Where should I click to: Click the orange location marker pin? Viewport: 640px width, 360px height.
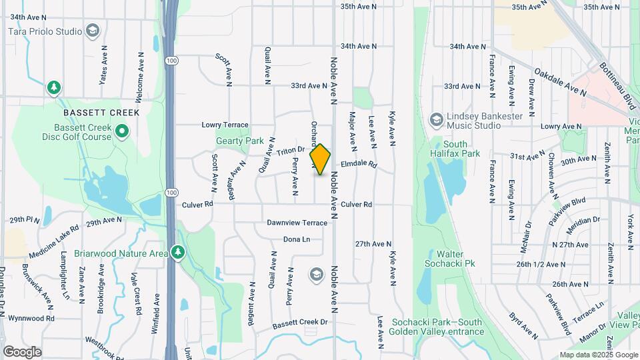(320, 159)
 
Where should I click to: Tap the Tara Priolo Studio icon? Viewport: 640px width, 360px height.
(93, 31)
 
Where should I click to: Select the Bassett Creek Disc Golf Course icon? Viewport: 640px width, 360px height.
(121, 131)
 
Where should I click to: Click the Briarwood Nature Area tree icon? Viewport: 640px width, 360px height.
(177, 253)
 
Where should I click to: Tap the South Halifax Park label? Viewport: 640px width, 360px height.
(456, 149)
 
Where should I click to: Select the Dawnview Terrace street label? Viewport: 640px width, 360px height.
(297, 222)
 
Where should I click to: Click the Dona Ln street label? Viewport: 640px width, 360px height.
(297, 239)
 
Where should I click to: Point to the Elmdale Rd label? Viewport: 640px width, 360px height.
(359, 164)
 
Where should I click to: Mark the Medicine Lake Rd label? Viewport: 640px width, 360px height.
(53, 241)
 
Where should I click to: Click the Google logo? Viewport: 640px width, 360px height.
(22, 351)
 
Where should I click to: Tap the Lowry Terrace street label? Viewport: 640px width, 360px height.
(225, 125)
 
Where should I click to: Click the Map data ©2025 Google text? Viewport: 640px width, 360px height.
(598, 355)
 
